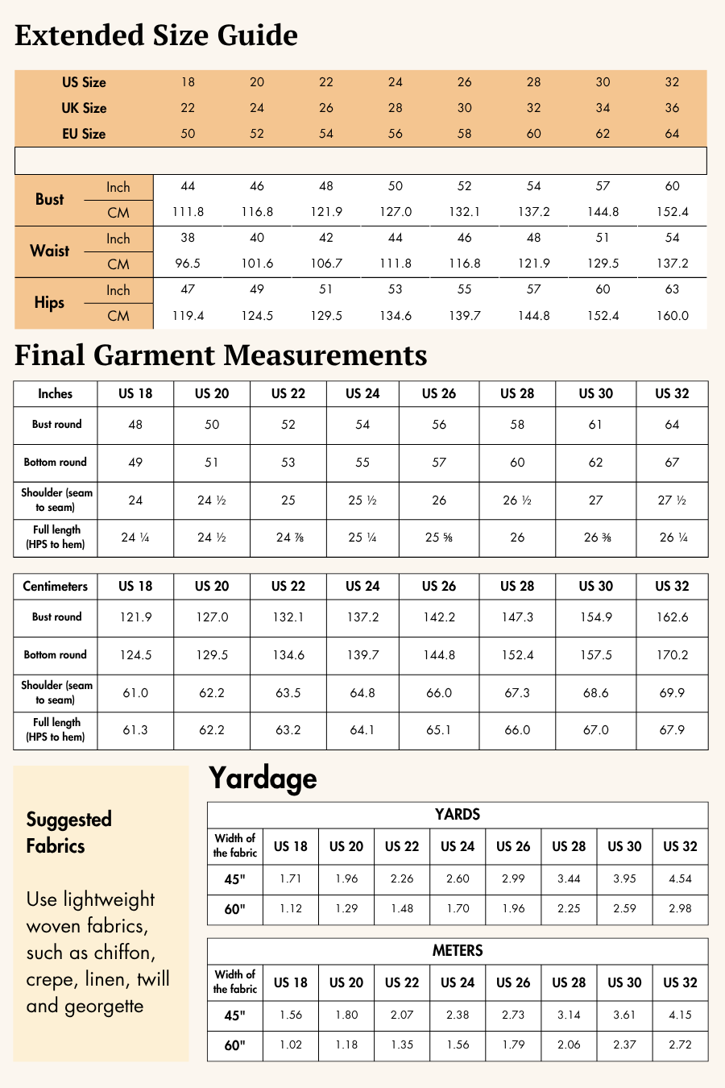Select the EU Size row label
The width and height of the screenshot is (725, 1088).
[84, 134]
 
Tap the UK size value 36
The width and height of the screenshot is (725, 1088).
[672, 108]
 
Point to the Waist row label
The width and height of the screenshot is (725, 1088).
[50, 251]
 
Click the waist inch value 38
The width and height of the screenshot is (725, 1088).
[188, 238]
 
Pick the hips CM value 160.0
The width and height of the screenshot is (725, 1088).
[672, 316]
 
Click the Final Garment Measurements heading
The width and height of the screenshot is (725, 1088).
[221, 355]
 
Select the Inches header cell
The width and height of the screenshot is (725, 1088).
[55, 394]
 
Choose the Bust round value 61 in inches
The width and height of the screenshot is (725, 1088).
[595, 425]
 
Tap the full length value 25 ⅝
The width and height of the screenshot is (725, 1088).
[439, 538]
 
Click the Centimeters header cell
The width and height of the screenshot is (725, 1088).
[55, 587]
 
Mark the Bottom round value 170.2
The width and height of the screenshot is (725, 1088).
[672, 655]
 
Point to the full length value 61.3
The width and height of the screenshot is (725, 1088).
[135, 730]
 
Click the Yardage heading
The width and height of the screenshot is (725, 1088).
[263, 779]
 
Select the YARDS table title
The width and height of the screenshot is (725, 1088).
[458, 815]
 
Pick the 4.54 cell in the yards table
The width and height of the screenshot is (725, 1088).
[680, 879]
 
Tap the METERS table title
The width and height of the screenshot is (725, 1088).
[458, 951]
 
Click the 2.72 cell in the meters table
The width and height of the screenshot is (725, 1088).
[680, 1045]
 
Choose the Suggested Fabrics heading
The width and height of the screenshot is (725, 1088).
[68, 833]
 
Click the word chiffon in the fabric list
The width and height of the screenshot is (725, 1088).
[124, 953]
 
